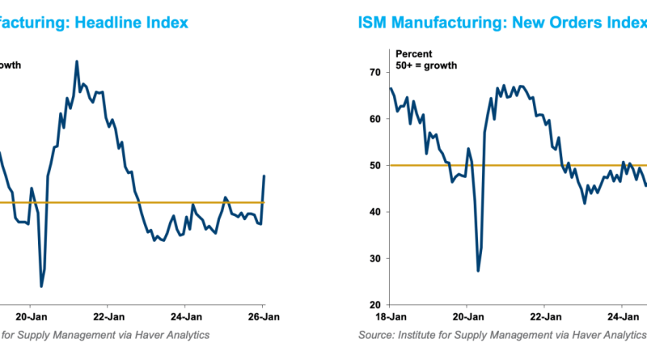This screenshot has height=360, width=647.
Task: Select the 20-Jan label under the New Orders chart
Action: [x=467, y=316]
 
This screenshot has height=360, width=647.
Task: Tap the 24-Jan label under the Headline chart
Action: [x=186, y=316]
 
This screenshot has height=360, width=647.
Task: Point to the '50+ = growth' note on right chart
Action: [x=427, y=66]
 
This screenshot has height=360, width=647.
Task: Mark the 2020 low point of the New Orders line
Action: [x=478, y=270]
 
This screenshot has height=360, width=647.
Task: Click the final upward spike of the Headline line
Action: [x=264, y=176]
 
